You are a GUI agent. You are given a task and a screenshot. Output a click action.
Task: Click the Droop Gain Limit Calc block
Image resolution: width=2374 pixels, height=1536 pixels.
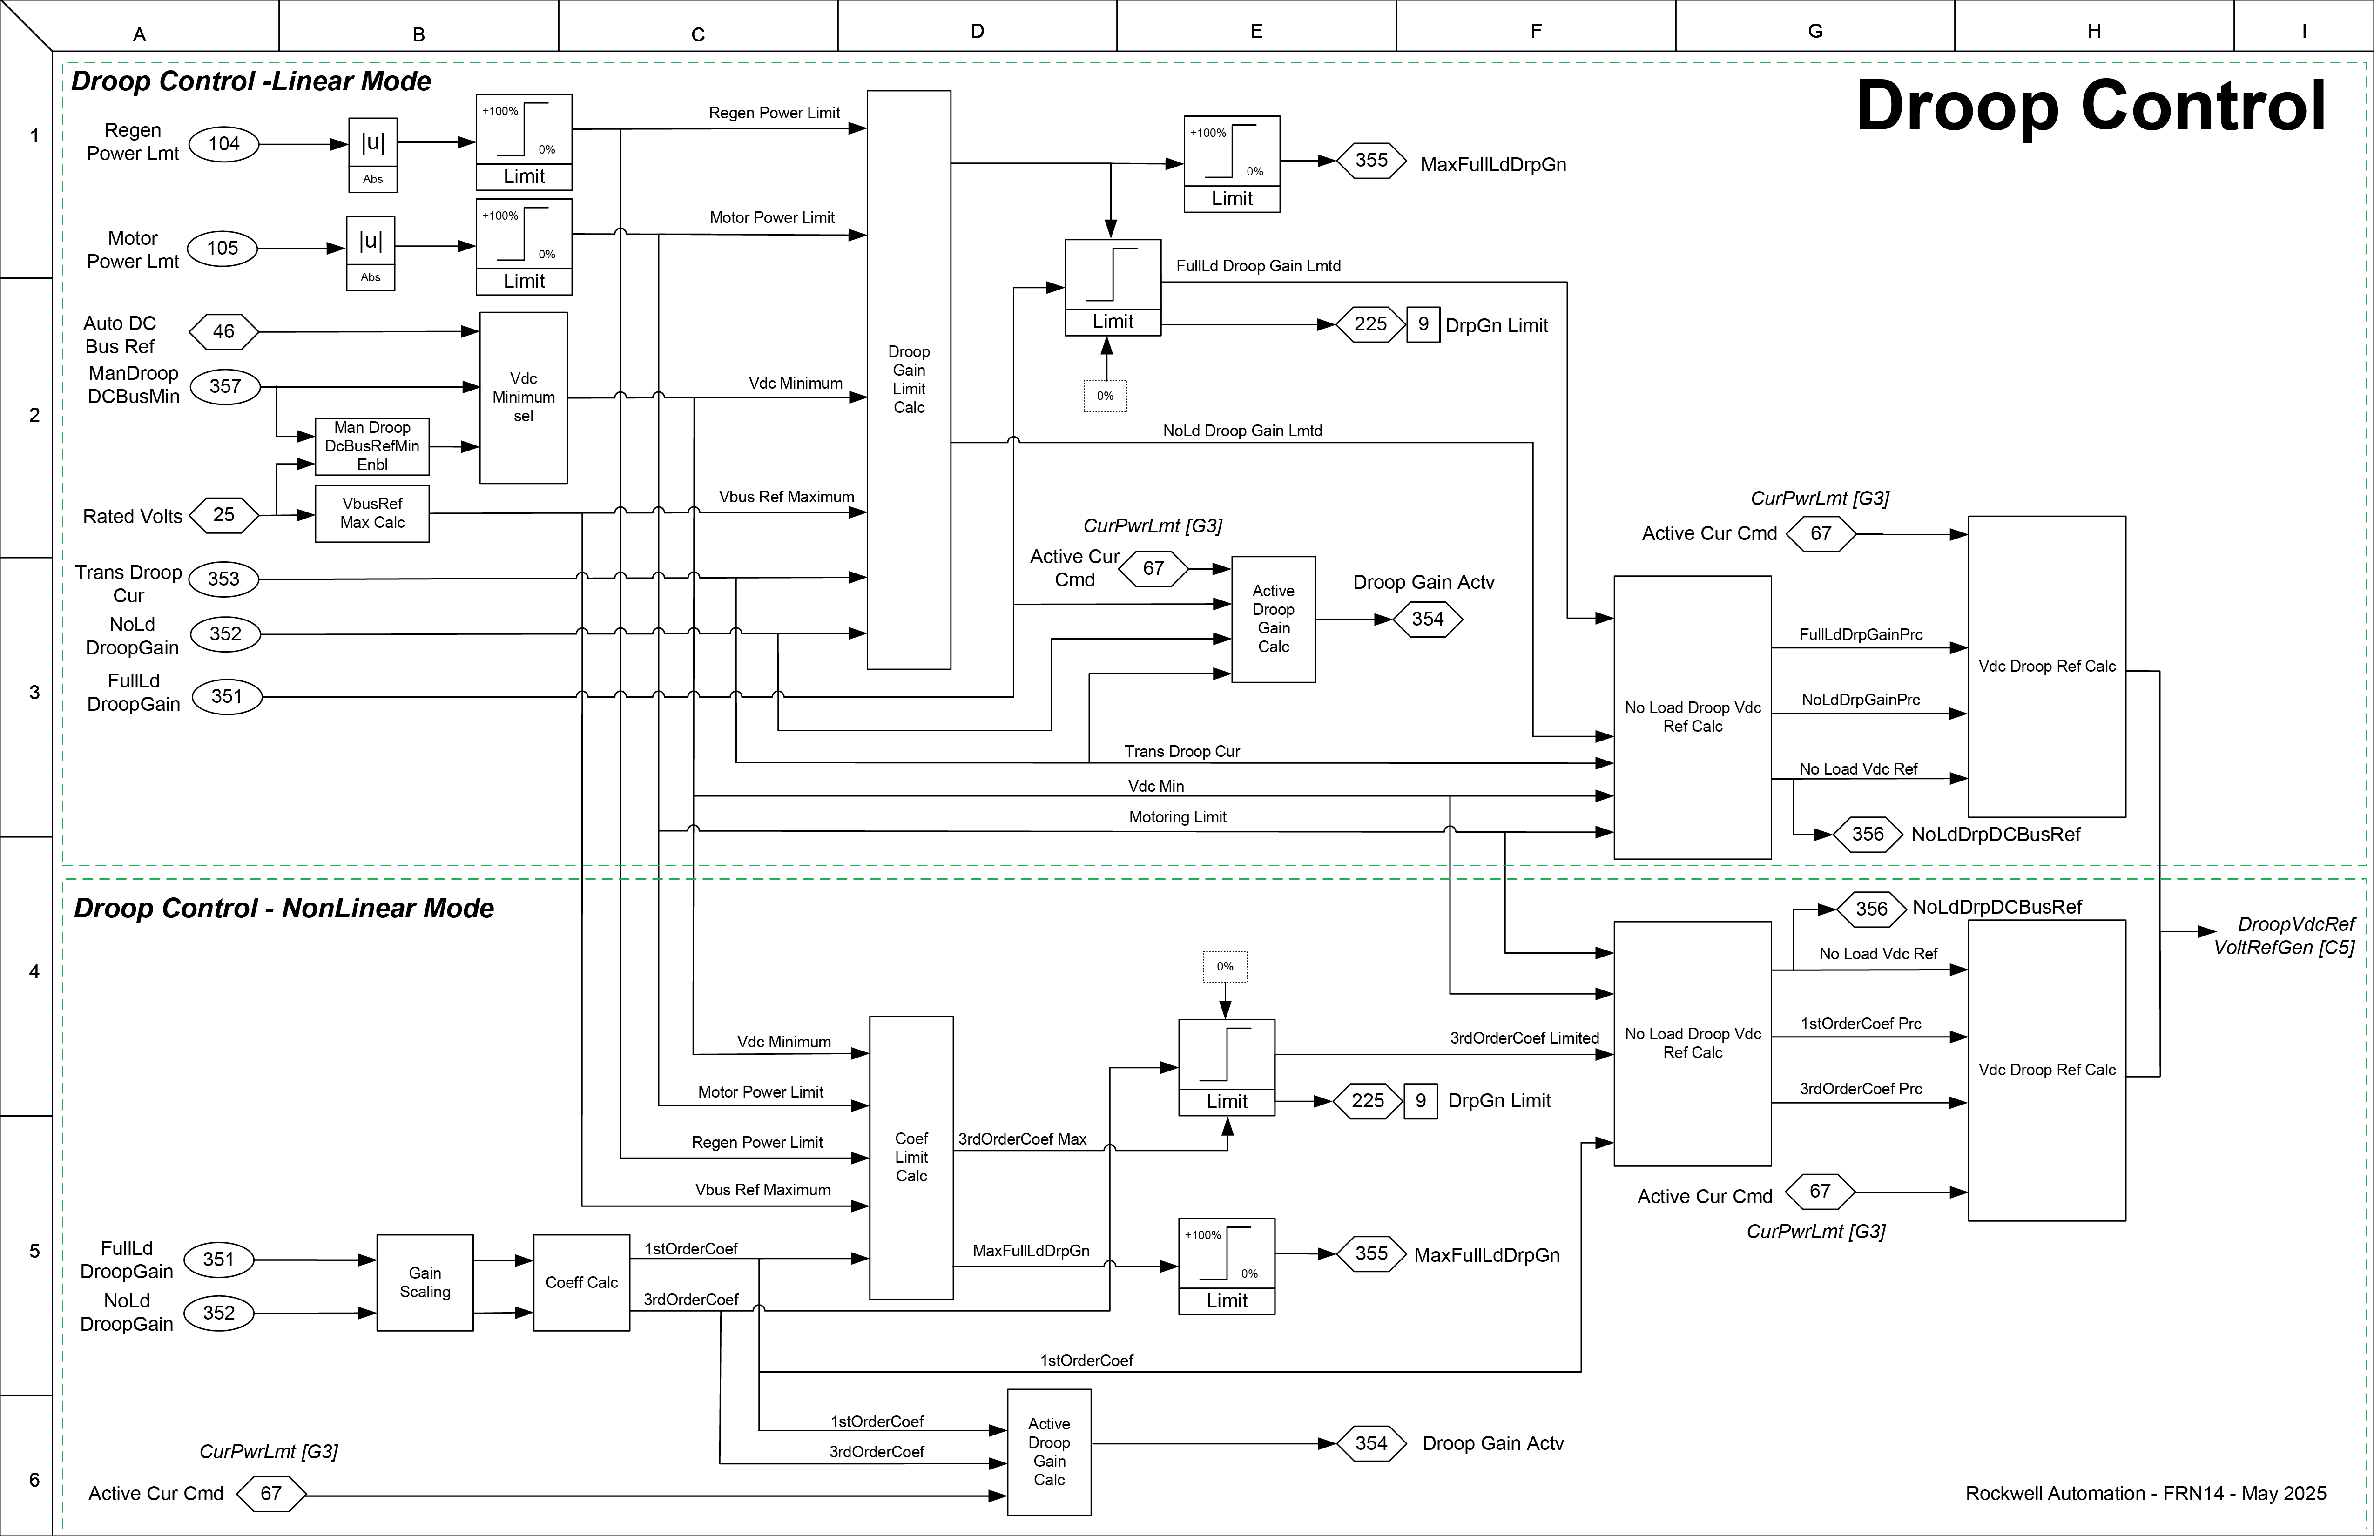pyautogui.click(x=909, y=379)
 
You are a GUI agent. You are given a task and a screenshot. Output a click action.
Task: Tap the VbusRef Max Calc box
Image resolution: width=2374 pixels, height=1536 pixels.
pyautogui.click(x=372, y=512)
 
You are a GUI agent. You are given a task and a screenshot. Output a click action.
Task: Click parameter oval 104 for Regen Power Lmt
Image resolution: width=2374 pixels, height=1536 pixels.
pyautogui.click(x=223, y=144)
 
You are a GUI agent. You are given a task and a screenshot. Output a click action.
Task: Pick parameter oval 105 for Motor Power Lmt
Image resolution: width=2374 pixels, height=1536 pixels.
pyautogui.click(x=223, y=247)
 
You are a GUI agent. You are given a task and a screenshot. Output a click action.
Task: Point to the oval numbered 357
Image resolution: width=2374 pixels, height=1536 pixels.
pyautogui.click(x=225, y=386)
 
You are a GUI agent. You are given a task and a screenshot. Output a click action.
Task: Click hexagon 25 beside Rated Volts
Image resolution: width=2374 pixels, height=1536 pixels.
pyautogui.click(x=223, y=515)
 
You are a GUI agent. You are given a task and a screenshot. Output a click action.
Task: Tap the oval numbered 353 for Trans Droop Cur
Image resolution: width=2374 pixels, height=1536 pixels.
pyautogui.click(x=223, y=579)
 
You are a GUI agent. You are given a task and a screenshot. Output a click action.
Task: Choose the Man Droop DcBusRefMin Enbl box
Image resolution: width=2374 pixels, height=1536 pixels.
pyautogui.click(x=372, y=446)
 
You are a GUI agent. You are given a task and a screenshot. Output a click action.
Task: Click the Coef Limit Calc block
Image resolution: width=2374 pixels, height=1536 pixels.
pyautogui.click(x=910, y=1157)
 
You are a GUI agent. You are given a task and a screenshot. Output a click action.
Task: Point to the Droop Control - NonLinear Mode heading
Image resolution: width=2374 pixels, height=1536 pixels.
pyautogui.click(x=284, y=908)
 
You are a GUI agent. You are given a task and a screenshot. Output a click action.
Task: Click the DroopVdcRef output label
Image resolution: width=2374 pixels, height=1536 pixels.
pyautogui.click(x=2296, y=924)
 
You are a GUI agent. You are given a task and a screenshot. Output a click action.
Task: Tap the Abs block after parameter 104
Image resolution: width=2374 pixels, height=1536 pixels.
pyautogui.click(x=372, y=155)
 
